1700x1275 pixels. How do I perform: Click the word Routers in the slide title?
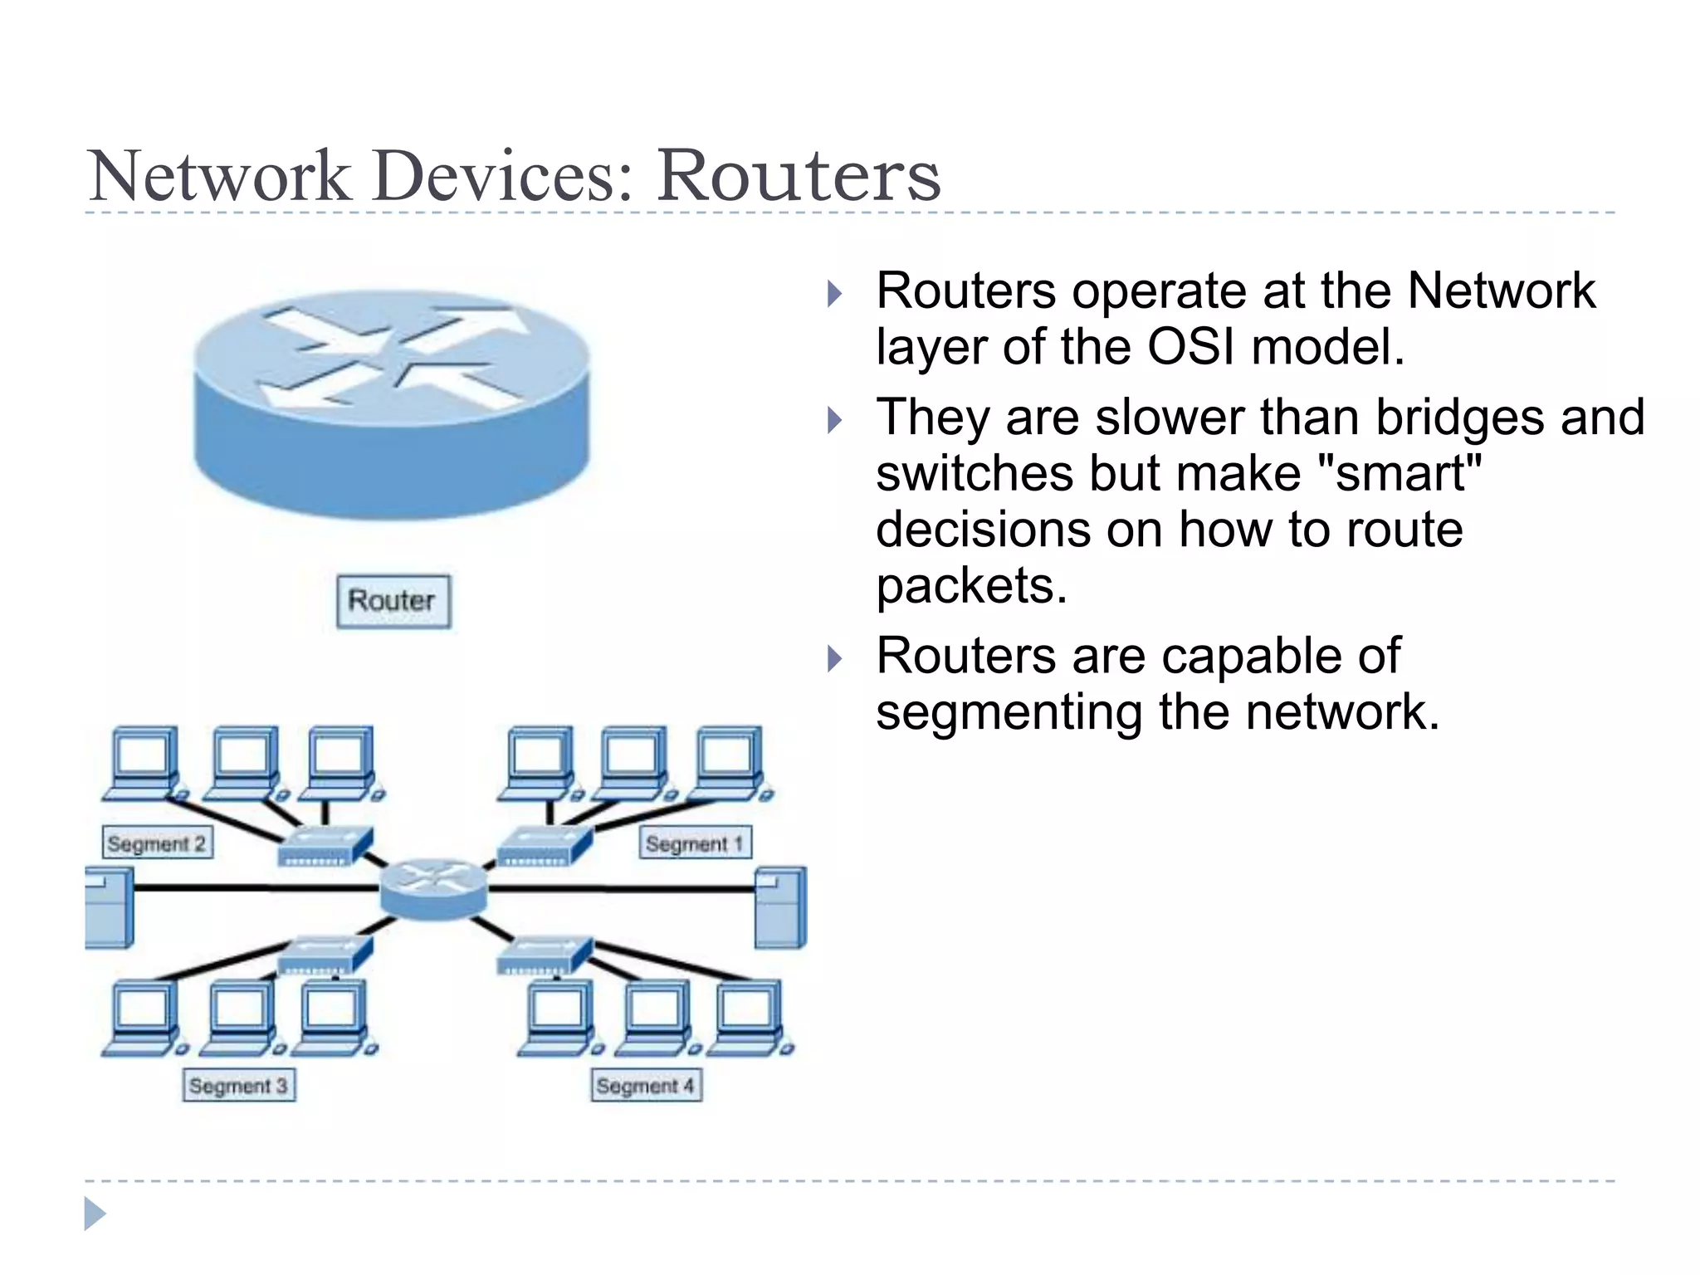(x=799, y=176)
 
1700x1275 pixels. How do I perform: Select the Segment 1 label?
(x=695, y=843)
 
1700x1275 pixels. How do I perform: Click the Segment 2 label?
(x=157, y=843)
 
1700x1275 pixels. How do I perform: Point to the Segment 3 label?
(x=238, y=1086)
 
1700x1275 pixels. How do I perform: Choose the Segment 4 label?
(x=646, y=1086)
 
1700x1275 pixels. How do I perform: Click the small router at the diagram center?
(x=433, y=888)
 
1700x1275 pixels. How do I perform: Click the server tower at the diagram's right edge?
(x=780, y=906)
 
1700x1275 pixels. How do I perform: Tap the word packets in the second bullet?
(x=971, y=586)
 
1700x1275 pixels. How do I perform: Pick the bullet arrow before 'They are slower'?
(x=834, y=420)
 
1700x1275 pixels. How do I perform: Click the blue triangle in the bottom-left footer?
(x=95, y=1214)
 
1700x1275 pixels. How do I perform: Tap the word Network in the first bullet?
(x=1501, y=291)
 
